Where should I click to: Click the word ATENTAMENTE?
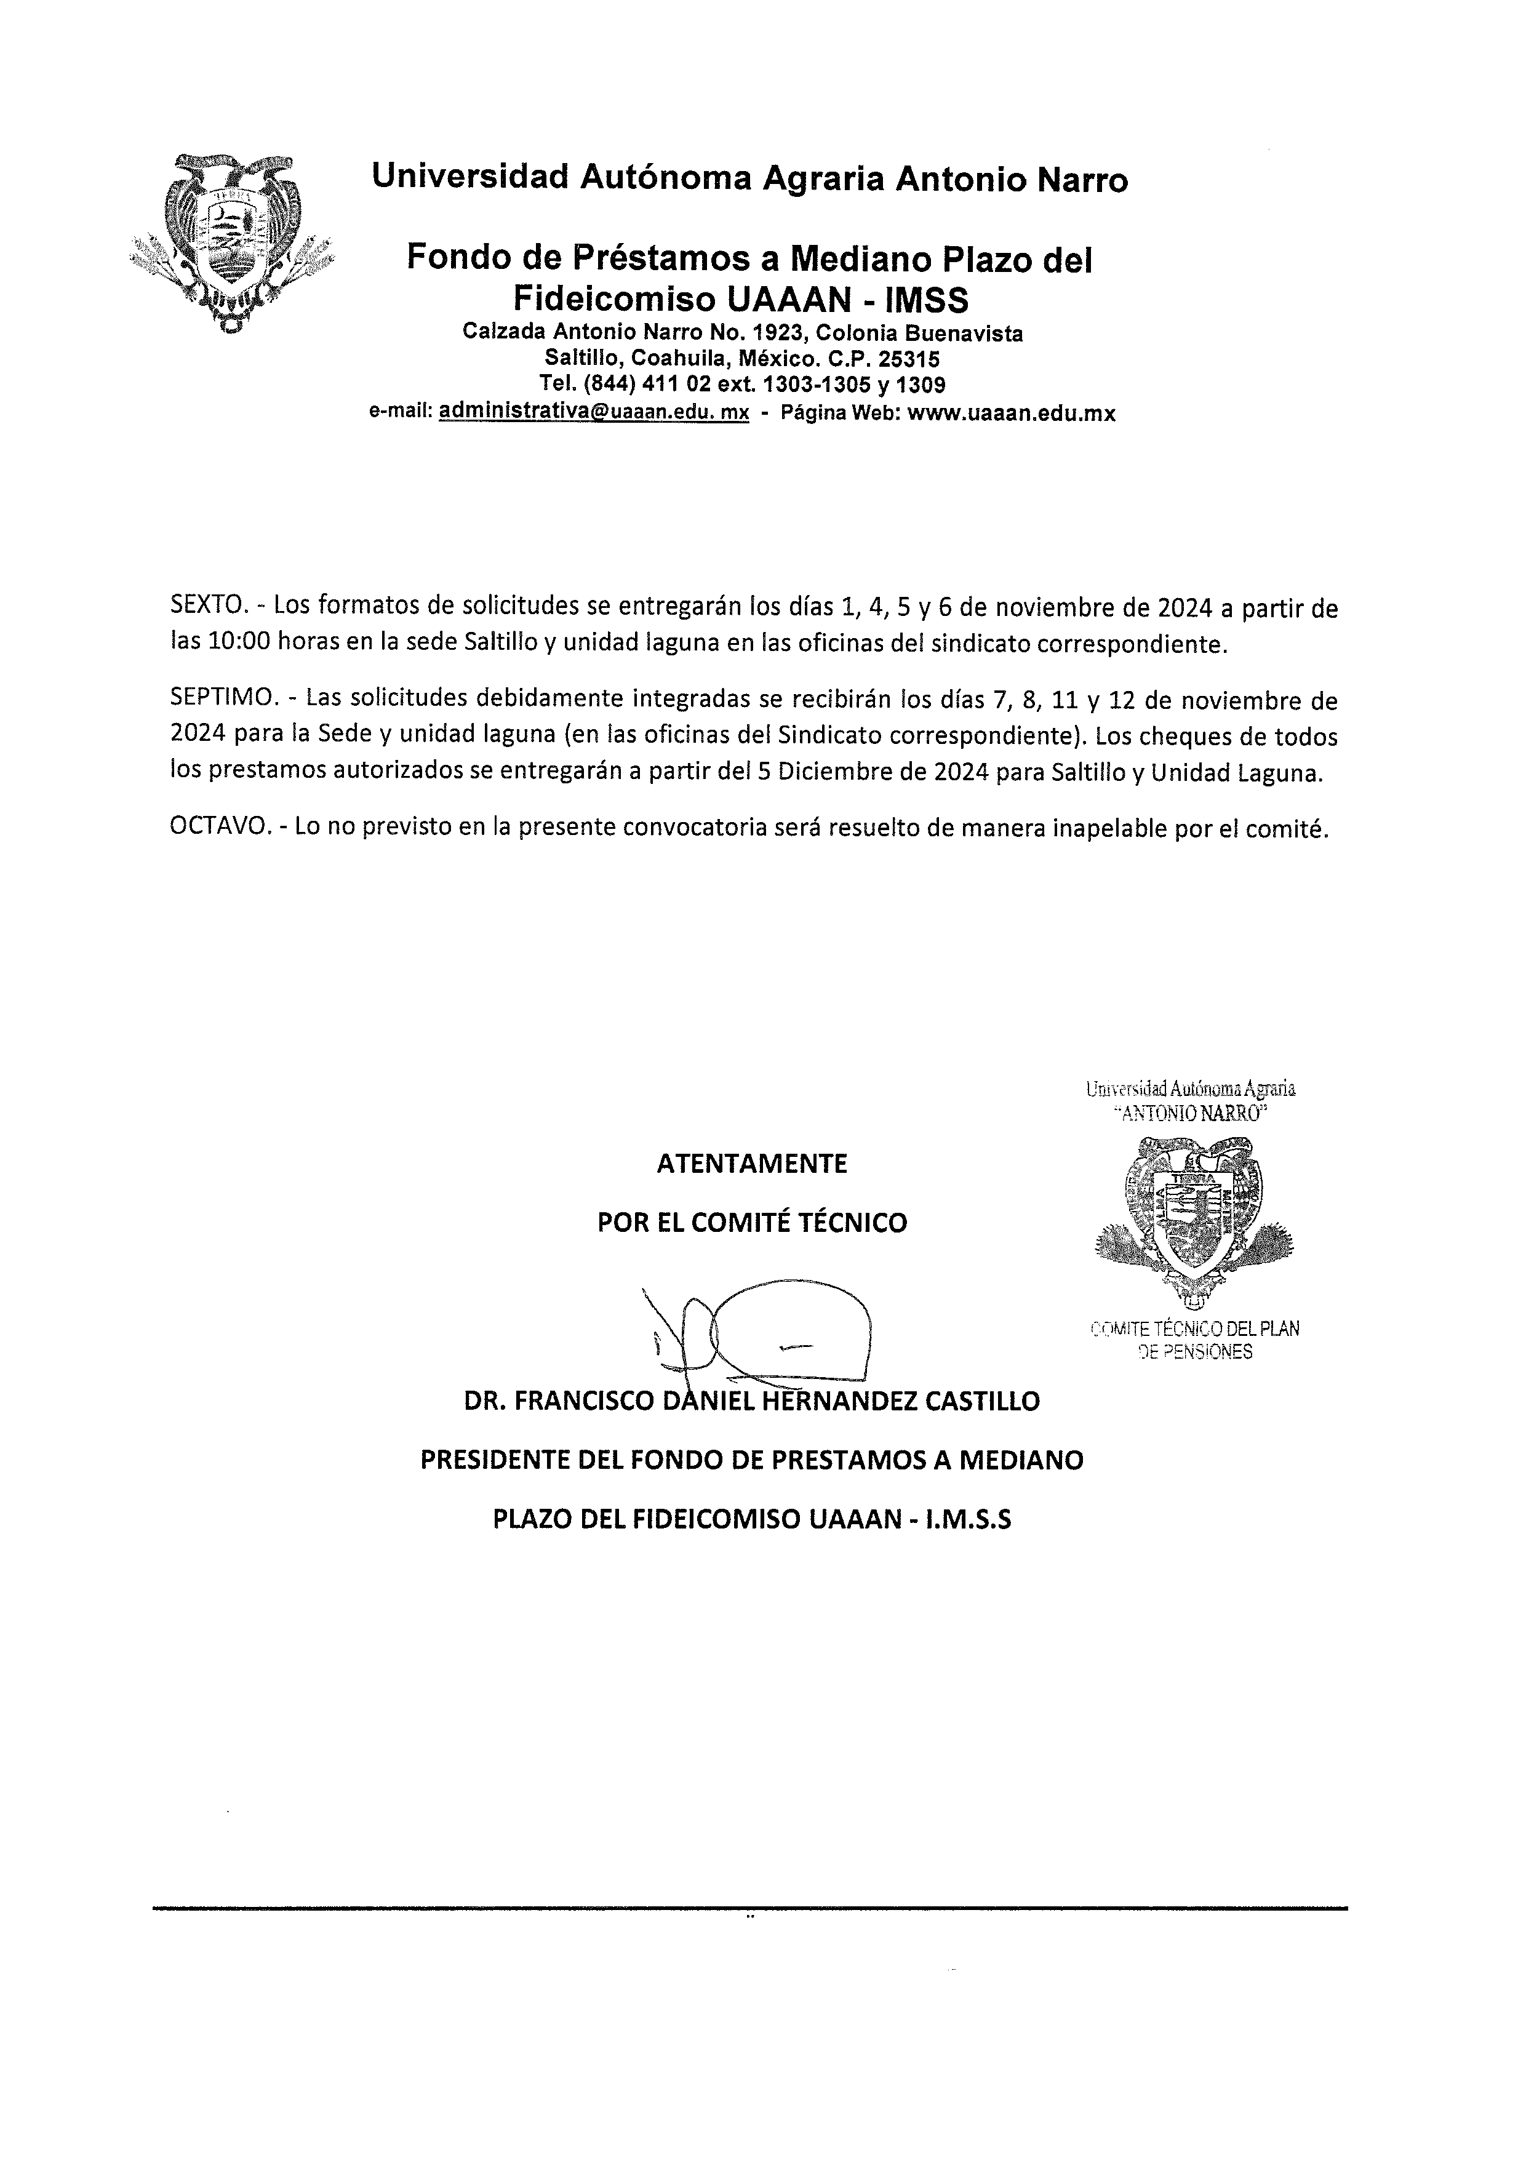(752, 1164)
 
